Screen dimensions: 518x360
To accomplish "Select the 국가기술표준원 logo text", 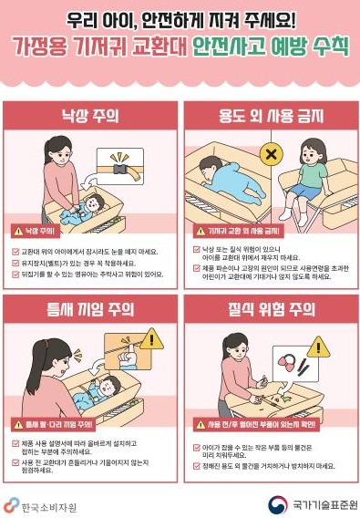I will click(320, 504).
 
